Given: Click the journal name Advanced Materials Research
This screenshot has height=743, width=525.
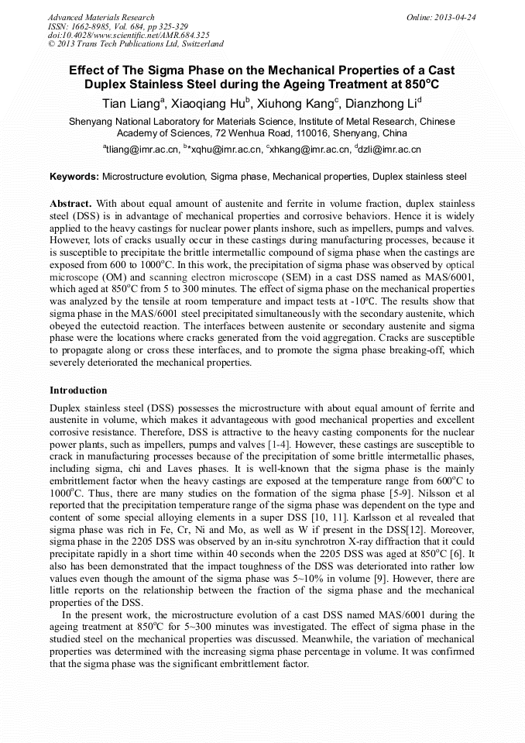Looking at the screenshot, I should coord(101,17).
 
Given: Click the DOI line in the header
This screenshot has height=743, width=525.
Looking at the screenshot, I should coord(129,35).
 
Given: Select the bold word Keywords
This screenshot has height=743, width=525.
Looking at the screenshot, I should coord(74,177).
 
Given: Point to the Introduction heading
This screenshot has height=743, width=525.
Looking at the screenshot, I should coord(78,390).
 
